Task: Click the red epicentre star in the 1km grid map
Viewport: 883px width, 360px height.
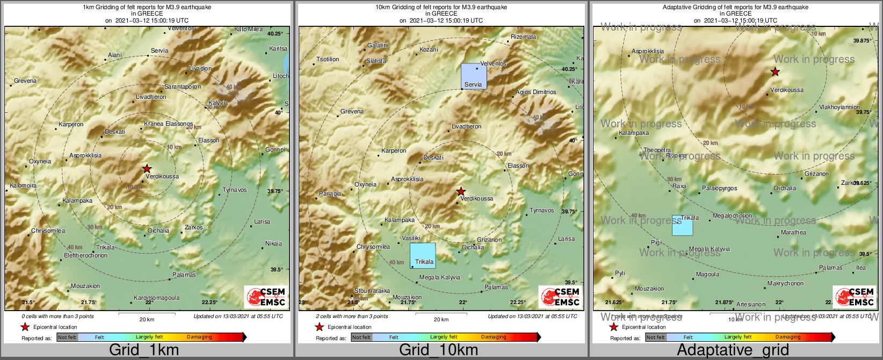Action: [147, 169]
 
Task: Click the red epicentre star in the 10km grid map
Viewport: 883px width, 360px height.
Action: [461, 191]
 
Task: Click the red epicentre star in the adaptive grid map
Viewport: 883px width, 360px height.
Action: [775, 71]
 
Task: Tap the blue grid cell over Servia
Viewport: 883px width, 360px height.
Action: [474, 76]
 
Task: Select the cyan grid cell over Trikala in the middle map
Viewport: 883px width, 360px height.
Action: [423, 255]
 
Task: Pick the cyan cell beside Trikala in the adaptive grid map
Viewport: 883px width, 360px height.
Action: [682, 226]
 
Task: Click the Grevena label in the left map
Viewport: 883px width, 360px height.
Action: [25, 81]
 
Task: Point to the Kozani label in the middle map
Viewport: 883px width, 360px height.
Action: [429, 49]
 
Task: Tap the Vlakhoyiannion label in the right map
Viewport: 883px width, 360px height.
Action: [839, 107]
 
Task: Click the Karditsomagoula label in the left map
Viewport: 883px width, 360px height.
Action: [156, 298]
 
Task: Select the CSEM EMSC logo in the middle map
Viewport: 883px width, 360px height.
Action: [561, 297]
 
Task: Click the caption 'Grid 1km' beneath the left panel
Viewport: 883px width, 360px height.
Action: [144, 350]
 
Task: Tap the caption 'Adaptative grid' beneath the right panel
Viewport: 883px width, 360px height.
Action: [733, 350]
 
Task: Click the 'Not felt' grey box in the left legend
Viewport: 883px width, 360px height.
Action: [67, 337]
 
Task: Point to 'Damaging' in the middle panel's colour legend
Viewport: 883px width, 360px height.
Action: [493, 337]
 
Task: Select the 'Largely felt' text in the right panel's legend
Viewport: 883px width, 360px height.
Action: [738, 337]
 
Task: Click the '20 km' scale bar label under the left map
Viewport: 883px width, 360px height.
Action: [147, 319]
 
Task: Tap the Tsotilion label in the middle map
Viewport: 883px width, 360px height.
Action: [328, 59]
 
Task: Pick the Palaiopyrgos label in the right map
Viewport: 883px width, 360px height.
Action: [719, 189]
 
